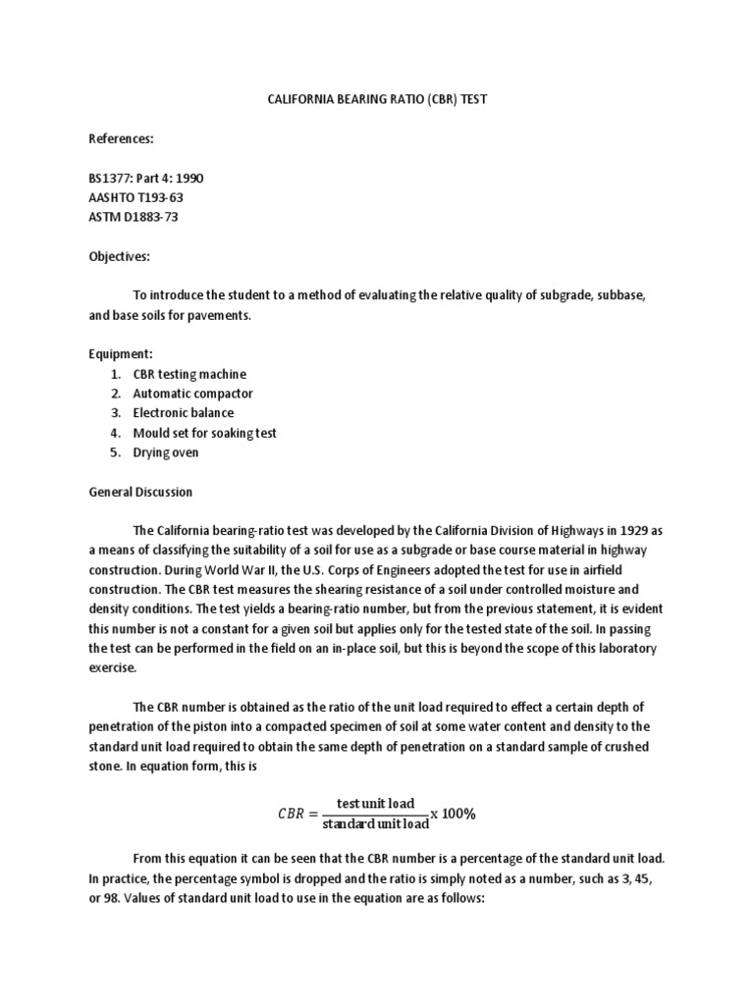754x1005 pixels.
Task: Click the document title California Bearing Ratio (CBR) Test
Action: pyautogui.click(x=376, y=100)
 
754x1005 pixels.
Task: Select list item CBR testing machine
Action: pyautogui.click(x=189, y=374)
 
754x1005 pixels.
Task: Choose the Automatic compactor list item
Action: pyautogui.click(x=192, y=394)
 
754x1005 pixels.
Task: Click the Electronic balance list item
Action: pyautogui.click(x=184, y=413)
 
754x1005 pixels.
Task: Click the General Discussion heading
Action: pyautogui.click(x=139, y=492)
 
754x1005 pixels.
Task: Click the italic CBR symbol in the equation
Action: pyautogui.click(x=290, y=815)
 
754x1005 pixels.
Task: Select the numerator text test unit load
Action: pyautogui.click(x=375, y=804)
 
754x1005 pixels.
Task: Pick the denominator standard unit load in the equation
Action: pyautogui.click(x=375, y=823)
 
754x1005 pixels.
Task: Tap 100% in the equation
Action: pyautogui.click(x=458, y=814)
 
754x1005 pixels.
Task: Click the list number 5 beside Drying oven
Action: pyautogui.click(x=115, y=452)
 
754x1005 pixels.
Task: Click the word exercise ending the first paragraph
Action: pyautogui.click(x=109, y=668)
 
